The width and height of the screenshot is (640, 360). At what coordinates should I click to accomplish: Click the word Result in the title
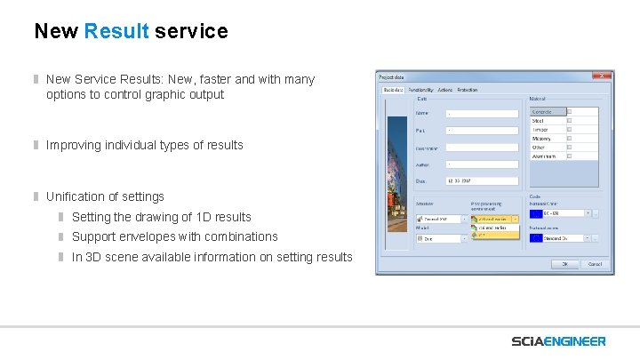click(116, 32)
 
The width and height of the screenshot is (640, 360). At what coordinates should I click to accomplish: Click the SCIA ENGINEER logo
click(558, 341)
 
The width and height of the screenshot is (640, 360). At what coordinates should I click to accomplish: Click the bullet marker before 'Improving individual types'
click(37, 145)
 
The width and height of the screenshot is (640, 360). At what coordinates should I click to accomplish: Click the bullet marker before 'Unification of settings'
click(37, 196)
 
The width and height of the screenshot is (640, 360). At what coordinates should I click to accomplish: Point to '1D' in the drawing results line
click(188, 217)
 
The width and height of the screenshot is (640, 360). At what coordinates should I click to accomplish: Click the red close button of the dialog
click(604, 77)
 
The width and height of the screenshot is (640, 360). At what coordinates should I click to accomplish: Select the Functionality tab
click(420, 90)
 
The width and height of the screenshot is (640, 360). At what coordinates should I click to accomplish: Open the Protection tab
click(468, 90)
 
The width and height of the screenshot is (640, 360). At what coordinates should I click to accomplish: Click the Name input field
click(481, 114)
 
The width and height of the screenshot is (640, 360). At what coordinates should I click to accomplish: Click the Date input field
click(481, 180)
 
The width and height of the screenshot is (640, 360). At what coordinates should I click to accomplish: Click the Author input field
click(481, 164)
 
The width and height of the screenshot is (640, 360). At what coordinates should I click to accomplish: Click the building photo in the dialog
click(394, 178)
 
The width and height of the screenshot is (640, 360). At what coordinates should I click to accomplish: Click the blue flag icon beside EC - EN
click(535, 213)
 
